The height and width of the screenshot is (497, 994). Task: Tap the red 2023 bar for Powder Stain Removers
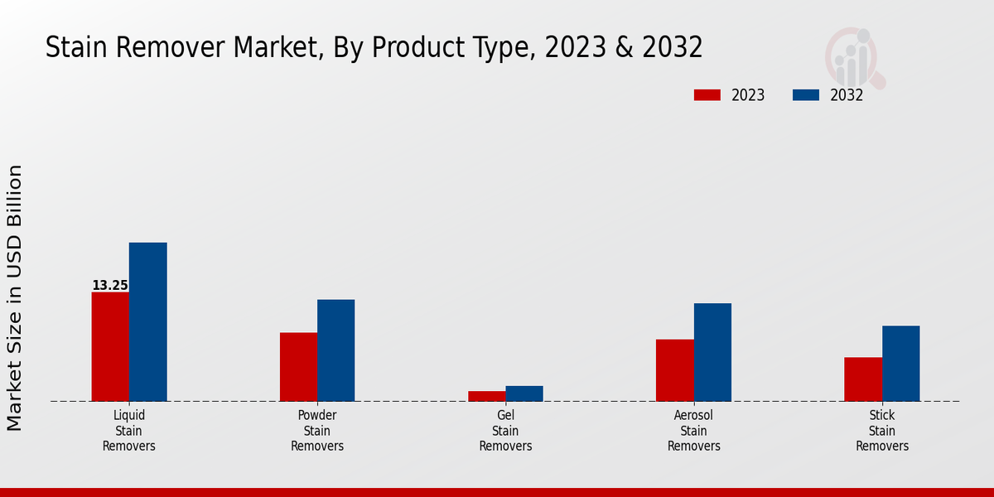(x=298, y=367)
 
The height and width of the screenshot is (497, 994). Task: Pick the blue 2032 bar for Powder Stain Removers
(x=335, y=350)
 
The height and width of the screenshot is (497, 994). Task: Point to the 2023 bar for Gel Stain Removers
(x=486, y=396)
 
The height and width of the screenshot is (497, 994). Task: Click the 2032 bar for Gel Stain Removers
(x=524, y=393)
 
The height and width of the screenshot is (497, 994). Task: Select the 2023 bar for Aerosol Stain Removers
(x=674, y=370)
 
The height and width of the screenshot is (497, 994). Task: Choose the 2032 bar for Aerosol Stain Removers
(x=712, y=352)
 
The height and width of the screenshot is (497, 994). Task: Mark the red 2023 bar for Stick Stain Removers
(x=863, y=379)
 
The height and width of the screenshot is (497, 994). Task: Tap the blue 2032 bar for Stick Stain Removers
(x=900, y=364)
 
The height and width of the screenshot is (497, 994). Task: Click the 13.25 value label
(x=109, y=286)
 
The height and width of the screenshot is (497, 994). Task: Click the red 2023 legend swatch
(x=707, y=95)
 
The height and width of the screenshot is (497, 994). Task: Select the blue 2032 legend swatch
(x=805, y=95)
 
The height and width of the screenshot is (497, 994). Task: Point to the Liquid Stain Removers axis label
(x=129, y=431)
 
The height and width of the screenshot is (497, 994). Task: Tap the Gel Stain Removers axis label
(x=505, y=431)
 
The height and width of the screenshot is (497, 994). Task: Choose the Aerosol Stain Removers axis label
(x=694, y=431)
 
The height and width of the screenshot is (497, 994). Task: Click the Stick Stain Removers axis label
(x=882, y=431)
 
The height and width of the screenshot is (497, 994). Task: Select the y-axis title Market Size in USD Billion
(x=15, y=298)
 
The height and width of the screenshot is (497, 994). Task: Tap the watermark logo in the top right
(x=854, y=56)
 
